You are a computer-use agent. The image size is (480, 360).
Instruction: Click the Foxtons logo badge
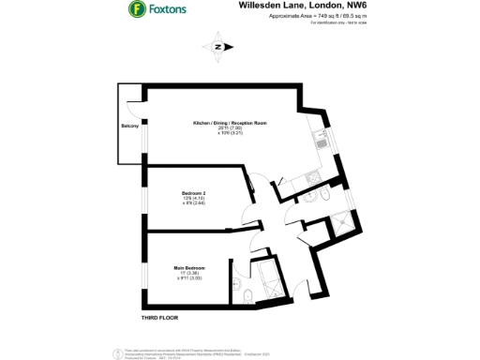point(136,10)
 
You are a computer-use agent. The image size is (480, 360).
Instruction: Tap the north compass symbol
point(218,47)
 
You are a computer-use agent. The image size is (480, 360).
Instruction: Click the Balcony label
point(130,125)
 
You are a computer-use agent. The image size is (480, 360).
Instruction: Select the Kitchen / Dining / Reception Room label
point(231,123)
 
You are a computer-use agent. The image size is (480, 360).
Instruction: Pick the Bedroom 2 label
point(194,193)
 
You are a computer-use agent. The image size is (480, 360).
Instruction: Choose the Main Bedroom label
point(190,267)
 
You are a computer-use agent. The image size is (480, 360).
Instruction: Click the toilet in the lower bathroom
point(246,298)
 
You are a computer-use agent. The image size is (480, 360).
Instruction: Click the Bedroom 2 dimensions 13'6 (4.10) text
point(194,199)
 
